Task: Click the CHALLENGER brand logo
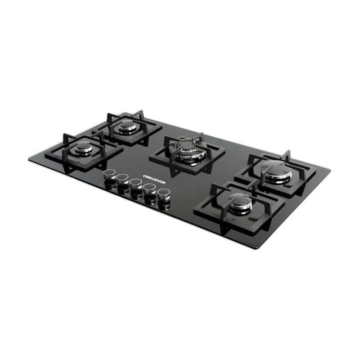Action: pos(154,179)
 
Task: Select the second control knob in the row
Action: pos(122,179)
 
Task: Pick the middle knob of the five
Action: pos(136,184)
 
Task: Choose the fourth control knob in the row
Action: pos(149,189)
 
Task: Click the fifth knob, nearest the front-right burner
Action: pos(164,194)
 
